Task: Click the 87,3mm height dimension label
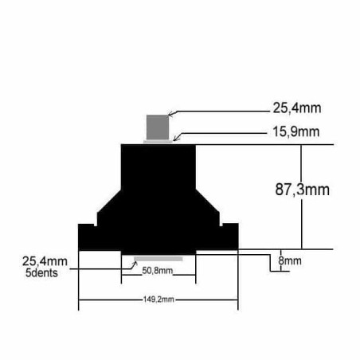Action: point(302,190)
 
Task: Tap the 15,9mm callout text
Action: point(296,132)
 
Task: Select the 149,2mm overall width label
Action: point(158,299)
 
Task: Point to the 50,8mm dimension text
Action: point(158,271)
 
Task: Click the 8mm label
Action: point(290,261)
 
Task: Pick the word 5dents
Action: point(41,273)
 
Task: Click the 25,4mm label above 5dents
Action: point(45,261)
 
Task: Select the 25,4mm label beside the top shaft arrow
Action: point(297,108)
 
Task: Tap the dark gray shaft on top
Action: point(158,127)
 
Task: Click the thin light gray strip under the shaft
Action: point(158,142)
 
